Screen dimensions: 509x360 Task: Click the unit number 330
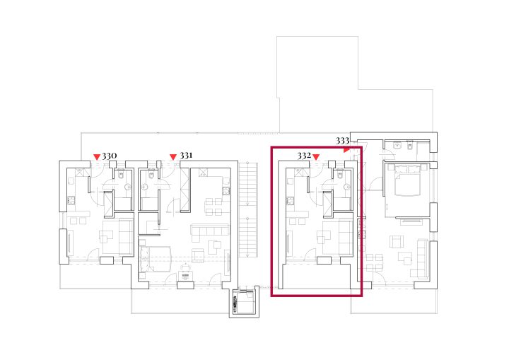pos(110,156)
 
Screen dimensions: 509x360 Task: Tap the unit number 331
pos(186,156)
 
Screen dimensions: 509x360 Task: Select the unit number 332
pos(304,156)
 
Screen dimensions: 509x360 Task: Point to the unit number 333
pos(342,141)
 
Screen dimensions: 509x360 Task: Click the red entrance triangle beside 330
pos(97,157)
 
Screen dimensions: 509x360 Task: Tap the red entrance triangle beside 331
pos(173,157)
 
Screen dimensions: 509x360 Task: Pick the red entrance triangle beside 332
pos(316,157)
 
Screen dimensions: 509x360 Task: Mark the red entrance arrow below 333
pos(346,150)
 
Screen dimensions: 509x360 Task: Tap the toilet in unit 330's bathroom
pos(121,175)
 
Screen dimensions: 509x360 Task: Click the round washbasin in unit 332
pos(347,187)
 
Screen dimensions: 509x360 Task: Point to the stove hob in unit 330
pos(71,201)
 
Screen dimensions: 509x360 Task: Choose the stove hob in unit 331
pos(226,192)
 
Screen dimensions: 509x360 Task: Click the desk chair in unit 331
pos(185,268)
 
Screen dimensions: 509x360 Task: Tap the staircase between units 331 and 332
pos(248,209)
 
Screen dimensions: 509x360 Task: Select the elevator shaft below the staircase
pos(244,302)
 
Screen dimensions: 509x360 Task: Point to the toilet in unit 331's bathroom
pos(151,175)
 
